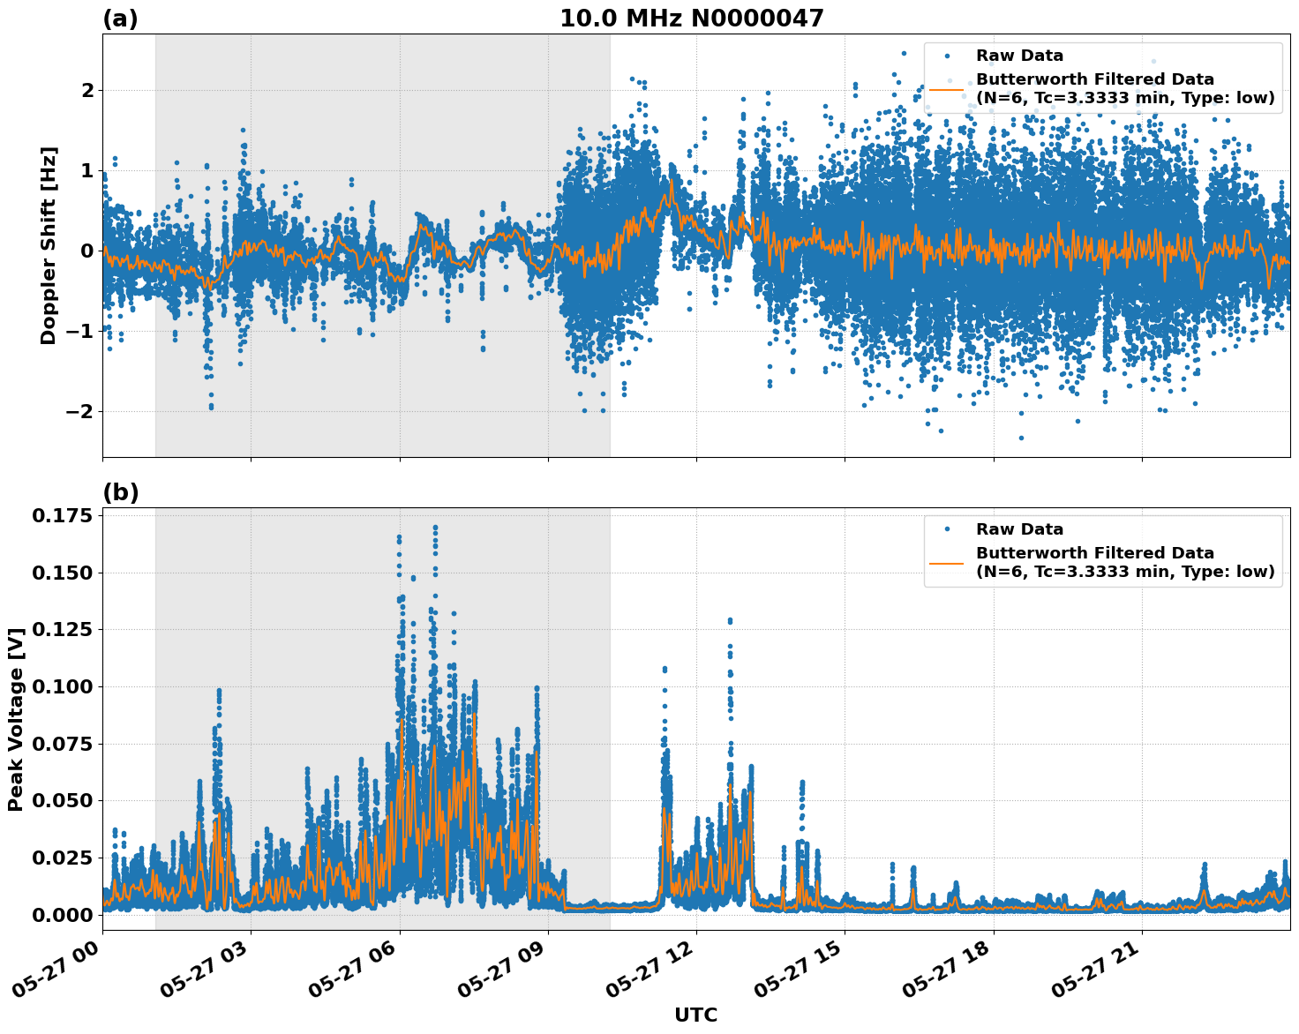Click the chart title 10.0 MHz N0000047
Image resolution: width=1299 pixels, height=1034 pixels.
tap(691, 19)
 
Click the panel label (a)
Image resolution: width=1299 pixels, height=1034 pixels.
tap(120, 19)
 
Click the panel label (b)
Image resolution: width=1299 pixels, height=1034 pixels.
tap(120, 492)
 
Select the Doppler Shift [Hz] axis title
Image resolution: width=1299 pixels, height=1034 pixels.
tap(49, 245)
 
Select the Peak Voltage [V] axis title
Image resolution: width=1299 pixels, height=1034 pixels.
tap(15, 719)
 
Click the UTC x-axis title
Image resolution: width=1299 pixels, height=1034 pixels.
tap(695, 1015)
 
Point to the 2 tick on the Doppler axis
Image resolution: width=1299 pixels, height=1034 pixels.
tap(87, 90)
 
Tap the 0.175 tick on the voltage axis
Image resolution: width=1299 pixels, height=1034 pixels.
tap(62, 515)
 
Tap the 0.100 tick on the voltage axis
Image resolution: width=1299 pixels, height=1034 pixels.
tap(62, 686)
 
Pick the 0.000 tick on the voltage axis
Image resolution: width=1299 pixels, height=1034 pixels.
tap(62, 915)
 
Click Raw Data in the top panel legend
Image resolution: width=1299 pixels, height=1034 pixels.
tap(1019, 56)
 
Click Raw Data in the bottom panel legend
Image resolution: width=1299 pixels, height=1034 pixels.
tap(1019, 529)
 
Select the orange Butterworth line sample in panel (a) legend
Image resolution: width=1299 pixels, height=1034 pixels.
tap(947, 89)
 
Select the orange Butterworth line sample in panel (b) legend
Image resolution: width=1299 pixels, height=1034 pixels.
tap(947, 563)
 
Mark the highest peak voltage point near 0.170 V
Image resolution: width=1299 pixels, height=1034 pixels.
tap(435, 528)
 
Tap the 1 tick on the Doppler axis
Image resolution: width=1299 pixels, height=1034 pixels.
tap(87, 170)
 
